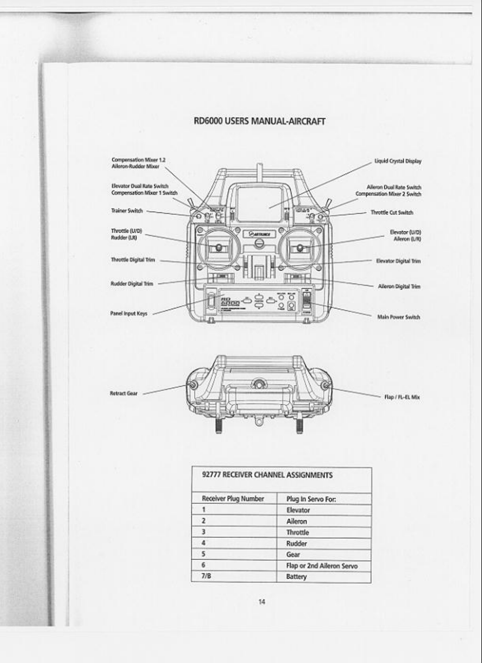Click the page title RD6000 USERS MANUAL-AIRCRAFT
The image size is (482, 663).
tap(260, 121)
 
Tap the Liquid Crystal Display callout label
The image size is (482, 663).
tap(397, 161)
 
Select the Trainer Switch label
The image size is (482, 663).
tap(127, 211)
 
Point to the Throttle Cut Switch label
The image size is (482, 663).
tap(392, 212)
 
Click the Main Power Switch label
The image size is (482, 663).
tap(398, 317)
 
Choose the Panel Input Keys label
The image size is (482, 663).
tap(128, 314)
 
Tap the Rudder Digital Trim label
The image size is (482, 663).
tap(132, 284)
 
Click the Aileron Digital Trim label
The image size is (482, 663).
tap(399, 287)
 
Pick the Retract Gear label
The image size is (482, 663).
tap(123, 393)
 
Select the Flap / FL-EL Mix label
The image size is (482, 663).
tap(402, 397)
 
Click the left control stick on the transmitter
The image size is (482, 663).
tap(218, 248)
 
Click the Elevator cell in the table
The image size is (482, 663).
tap(298, 510)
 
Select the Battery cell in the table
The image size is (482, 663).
tap(296, 577)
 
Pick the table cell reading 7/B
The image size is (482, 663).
tap(206, 576)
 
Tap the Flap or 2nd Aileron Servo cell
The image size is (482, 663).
tap(322, 566)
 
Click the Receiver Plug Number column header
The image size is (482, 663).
tap(233, 499)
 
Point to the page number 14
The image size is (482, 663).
tap(262, 602)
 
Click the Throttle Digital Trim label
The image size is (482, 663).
tap(133, 260)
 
